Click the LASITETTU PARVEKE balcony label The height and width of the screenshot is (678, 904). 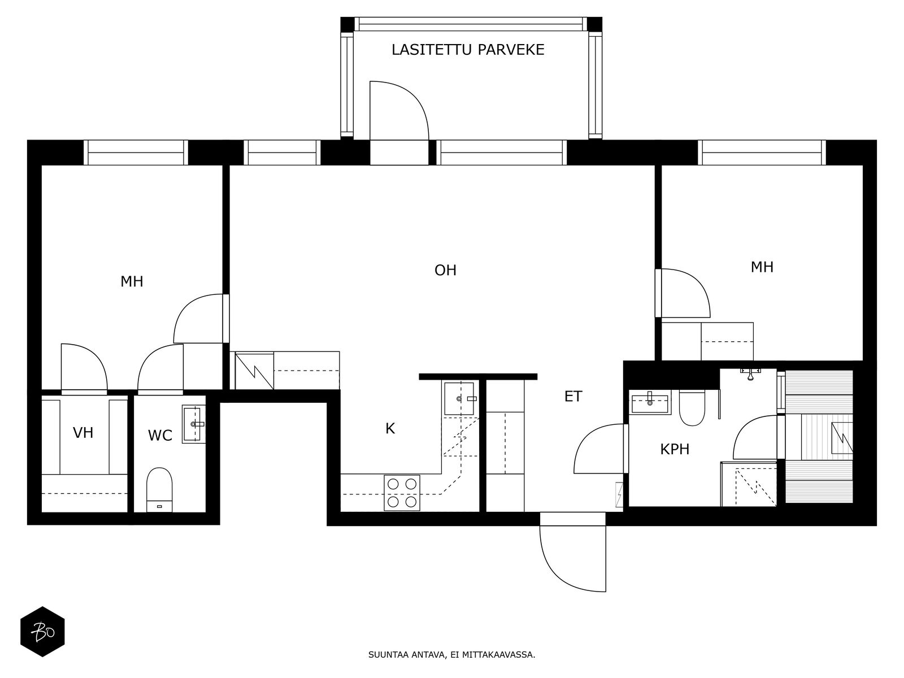click(468, 50)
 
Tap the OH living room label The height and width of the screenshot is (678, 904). click(446, 270)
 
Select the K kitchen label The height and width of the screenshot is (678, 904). click(390, 428)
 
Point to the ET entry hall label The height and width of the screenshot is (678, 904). click(573, 397)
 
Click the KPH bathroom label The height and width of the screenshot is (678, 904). click(675, 449)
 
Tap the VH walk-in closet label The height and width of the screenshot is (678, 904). click(83, 433)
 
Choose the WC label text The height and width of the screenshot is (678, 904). click(160, 435)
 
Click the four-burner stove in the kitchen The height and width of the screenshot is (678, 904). click(402, 493)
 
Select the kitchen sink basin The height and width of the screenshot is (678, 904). click(459, 398)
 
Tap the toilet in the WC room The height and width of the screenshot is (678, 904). click(159, 489)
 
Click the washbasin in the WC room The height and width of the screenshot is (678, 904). click(194, 424)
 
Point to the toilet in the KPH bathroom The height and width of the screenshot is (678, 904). click(692, 407)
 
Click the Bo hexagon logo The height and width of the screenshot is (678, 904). click(42, 632)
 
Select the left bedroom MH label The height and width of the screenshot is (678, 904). click(132, 281)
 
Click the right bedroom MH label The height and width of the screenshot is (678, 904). click(762, 267)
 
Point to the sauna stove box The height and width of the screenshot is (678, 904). click(842, 438)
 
